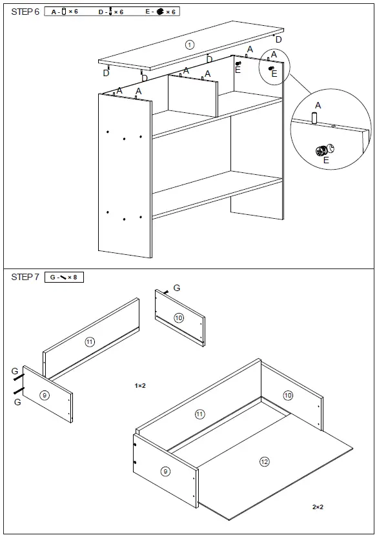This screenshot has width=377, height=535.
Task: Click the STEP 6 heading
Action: click(x=25, y=12)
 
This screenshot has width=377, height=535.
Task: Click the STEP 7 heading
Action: click(x=25, y=277)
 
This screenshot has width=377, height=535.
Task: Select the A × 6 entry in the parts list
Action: click(x=65, y=12)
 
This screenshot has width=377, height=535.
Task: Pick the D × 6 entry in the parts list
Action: click(x=110, y=12)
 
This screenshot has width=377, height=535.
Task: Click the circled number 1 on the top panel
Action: click(x=189, y=45)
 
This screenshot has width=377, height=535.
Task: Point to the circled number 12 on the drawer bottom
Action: click(x=264, y=461)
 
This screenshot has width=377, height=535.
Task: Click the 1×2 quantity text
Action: click(x=140, y=385)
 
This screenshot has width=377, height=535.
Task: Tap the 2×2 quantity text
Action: click(x=318, y=507)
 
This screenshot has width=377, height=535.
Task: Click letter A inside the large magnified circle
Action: click(x=318, y=105)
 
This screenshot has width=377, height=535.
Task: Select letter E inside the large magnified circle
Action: click(x=325, y=160)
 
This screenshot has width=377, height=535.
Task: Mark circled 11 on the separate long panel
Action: click(x=90, y=341)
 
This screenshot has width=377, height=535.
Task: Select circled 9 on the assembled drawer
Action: click(x=165, y=471)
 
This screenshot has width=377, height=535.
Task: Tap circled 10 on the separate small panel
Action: click(x=179, y=318)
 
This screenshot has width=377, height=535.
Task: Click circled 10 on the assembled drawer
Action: click(x=287, y=395)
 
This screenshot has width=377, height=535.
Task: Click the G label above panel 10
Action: click(x=177, y=288)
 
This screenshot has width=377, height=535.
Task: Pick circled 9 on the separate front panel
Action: click(x=45, y=395)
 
